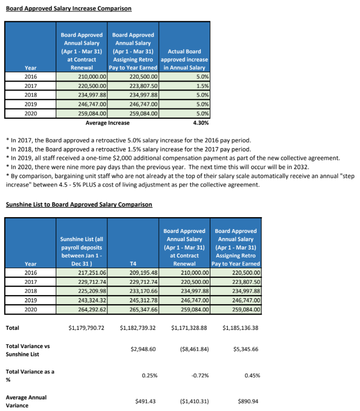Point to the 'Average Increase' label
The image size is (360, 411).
coord(107,123)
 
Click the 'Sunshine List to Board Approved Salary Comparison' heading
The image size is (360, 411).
coord(79,205)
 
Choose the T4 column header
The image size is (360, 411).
coord(133,264)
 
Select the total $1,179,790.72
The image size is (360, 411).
coord(86,328)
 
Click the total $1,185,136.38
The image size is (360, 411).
coord(240,328)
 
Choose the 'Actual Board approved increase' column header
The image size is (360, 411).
coord(184,60)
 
